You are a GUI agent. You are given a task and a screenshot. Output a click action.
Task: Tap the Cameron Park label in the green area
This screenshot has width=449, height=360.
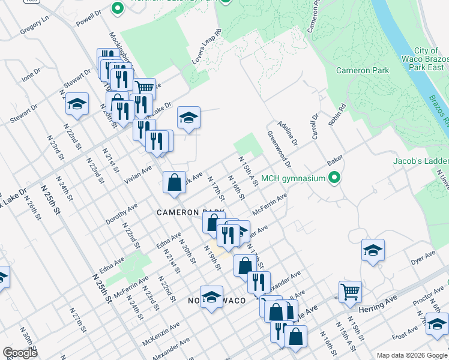pos(362,70)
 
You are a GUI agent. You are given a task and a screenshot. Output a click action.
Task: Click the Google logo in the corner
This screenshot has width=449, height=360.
pos(20,353)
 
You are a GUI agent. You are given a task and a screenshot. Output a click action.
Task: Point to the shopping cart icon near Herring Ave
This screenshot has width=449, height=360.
pos(350,292)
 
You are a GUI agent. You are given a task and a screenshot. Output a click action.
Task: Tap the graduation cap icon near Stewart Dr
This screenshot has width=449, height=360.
pos(77,104)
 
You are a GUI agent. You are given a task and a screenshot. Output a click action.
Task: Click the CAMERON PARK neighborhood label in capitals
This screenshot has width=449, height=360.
pos(190,212)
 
